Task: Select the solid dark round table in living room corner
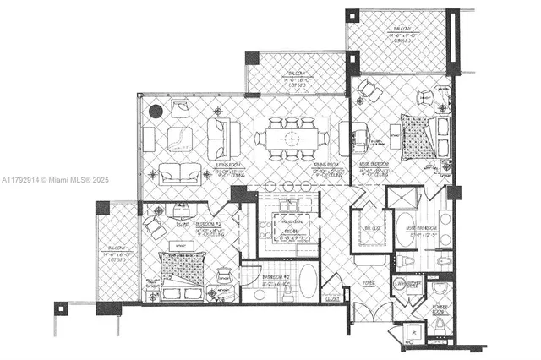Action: click(x=156, y=111)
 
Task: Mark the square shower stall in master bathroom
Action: click(x=402, y=198)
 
